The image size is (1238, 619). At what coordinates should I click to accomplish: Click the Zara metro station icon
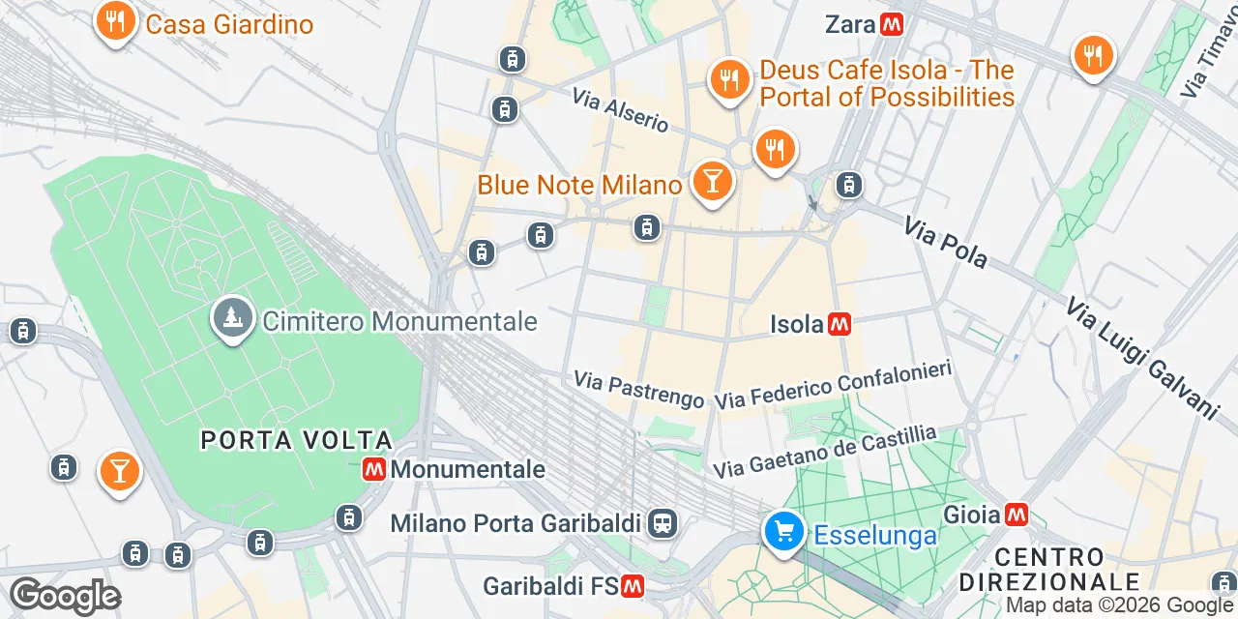coord(892,25)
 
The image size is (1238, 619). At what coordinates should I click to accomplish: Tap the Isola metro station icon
coord(840,324)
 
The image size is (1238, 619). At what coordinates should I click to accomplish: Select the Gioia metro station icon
coord(1016,515)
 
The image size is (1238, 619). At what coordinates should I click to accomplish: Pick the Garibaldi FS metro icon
coord(634,586)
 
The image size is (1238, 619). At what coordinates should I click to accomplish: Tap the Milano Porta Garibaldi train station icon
coord(663,524)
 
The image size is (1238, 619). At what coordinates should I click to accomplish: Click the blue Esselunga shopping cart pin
coord(782,532)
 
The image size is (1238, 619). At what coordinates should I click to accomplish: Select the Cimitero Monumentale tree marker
coord(231,316)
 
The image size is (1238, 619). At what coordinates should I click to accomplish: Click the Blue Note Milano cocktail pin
coord(713,181)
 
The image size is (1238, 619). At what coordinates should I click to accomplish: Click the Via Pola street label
coord(945,243)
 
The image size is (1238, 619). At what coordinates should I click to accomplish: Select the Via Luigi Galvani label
coord(1140,358)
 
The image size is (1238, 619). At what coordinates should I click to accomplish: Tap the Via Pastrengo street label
coord(638,389)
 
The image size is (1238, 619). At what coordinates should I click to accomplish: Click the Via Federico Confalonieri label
coord(834,384)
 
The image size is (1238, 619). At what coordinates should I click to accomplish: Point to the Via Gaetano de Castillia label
coord(825,452)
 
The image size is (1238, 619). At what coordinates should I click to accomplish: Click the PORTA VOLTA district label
coord(296,441)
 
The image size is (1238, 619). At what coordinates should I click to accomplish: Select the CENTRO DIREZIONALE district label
coord(1049,570)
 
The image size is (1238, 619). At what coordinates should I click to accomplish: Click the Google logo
coord(65,596)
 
